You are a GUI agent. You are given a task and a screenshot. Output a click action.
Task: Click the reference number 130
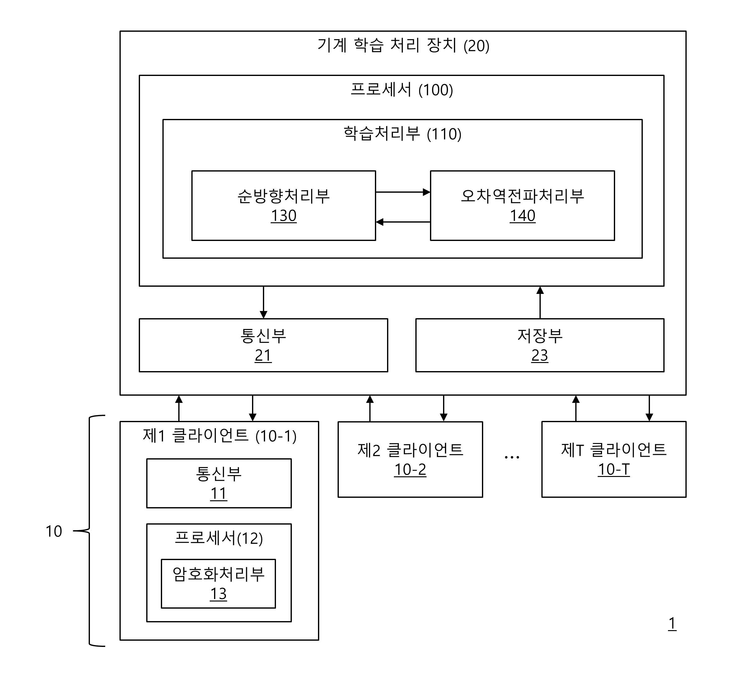tap(283, 216)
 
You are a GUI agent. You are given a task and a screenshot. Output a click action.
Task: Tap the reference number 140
tap(522, 216)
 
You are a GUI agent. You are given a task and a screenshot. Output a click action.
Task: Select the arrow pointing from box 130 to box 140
tap(403, 192)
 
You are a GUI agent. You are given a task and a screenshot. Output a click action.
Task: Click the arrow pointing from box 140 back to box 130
tap(403, 222)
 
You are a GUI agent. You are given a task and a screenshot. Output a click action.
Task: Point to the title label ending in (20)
tap(403, 45)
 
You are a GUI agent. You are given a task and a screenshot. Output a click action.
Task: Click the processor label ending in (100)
tap(402, 90)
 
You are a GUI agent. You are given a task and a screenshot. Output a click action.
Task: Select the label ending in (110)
tap(402, 134)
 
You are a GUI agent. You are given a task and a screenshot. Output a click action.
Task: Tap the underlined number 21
tap(263, 356)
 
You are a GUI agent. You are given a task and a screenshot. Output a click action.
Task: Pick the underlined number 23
tap(539, 356)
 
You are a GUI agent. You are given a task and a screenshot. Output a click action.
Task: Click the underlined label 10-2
tap(410, 470)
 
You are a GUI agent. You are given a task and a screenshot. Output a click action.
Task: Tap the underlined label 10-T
tap(614, 469)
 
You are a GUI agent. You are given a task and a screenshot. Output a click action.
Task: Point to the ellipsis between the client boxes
tap(512, 457)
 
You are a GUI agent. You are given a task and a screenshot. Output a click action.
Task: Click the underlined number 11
tap(218, 493)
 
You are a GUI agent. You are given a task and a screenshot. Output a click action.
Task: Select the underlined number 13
tap(218, 594)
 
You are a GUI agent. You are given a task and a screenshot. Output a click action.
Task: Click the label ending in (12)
tap(219, 538)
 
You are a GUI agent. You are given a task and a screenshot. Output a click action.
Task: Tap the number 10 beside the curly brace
tap(54, 531)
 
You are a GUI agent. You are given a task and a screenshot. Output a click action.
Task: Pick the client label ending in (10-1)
tap(220, 435)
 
